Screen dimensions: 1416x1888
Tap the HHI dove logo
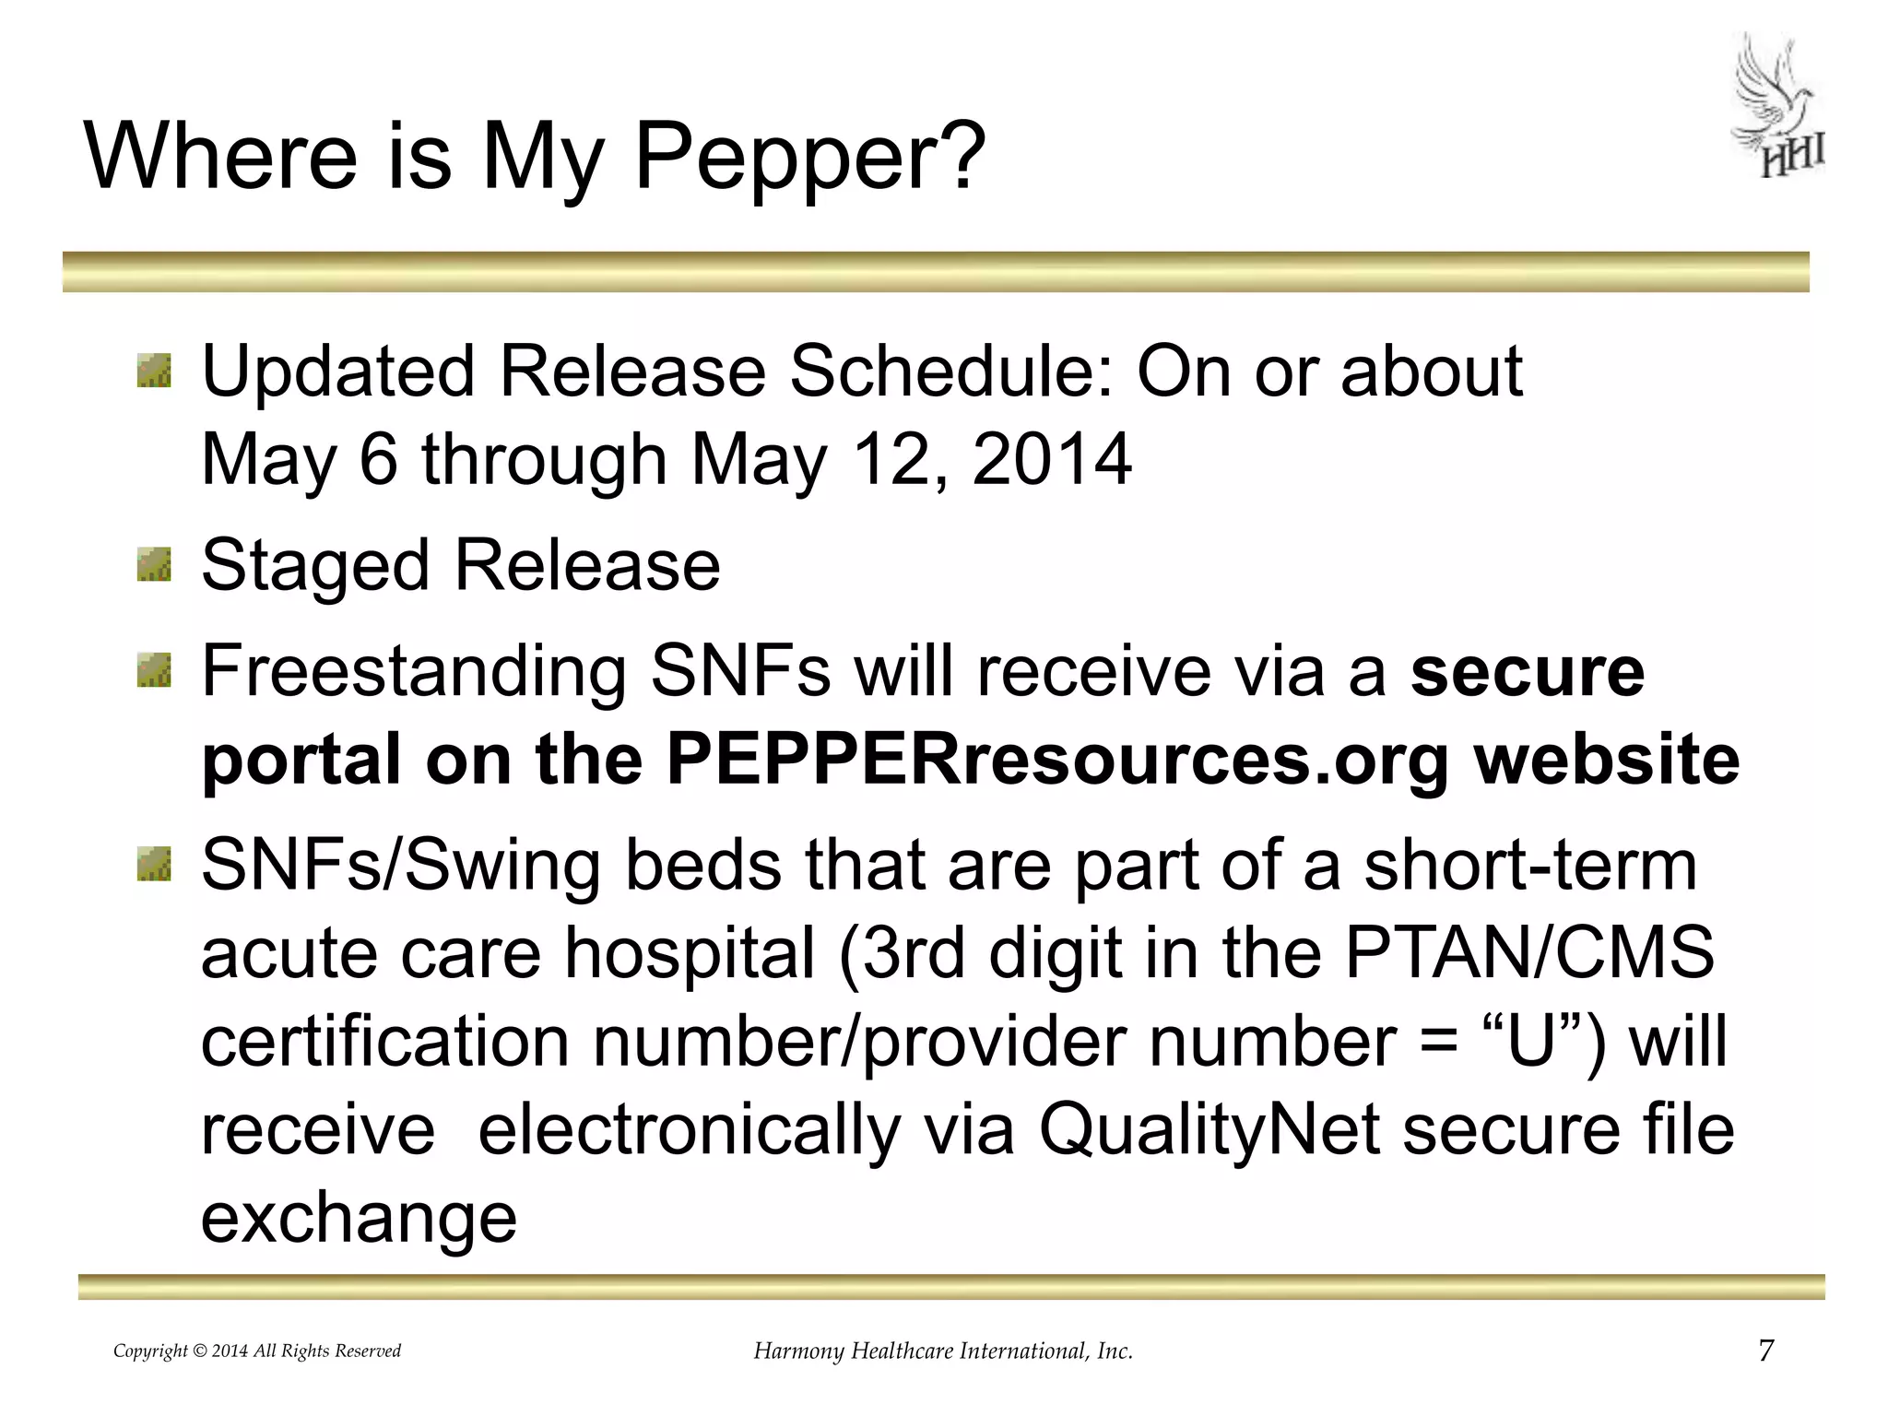pyautogui.click(x=1778, y=108)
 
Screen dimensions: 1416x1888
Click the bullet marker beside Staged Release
pyautogui.click(x=154, y=564)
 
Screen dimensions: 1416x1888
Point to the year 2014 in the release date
pyautogui.click(x=1051, y=459)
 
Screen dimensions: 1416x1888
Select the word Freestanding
pyautogui.click(x=414, y=671)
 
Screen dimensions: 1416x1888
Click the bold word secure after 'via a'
pyautogui.click(x=1527, y=672)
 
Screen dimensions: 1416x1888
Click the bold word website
pyautogui.click(x=1606, y=760)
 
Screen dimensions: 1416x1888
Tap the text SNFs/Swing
pyautogui.click(x=400, y=867)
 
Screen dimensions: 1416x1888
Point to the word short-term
pyautogui.click(x=1529, y=866)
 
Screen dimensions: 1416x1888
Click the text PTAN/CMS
pyautogui.click(x=1529, y=953)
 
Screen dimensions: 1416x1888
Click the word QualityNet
pyautogui.click(x=1209, y=1130)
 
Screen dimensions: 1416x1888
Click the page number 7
pyautogui.click(x=1765, y=1351)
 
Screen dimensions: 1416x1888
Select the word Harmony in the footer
pyautogui.click(x=798, y=1351)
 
